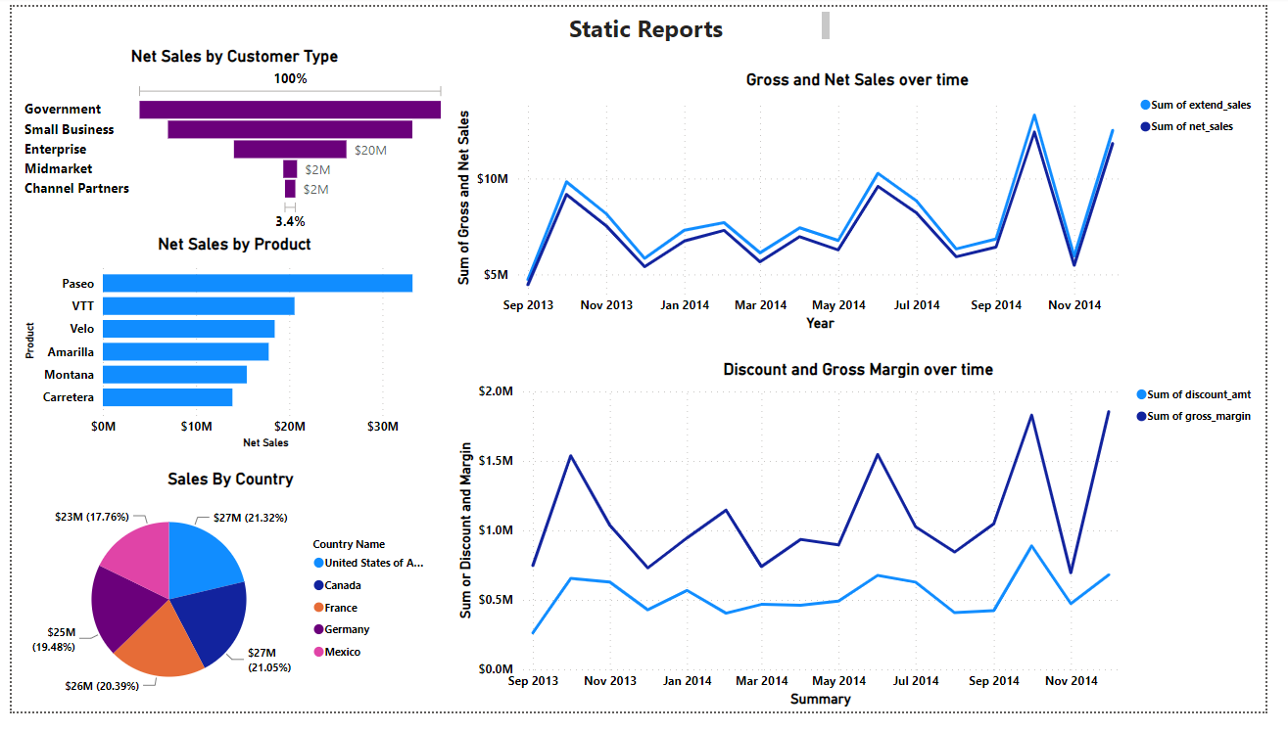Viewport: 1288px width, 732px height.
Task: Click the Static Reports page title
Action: point(645,29)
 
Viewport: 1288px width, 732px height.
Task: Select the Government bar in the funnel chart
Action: point(289,110)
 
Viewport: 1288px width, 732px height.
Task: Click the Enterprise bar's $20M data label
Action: point(370,150)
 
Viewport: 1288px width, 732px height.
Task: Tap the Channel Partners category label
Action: point(76,189)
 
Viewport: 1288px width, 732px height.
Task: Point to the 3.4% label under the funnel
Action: point(290,221)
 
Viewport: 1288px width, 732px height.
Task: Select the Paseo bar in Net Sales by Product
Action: point(257,283)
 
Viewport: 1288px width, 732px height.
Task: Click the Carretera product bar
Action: point(167,397)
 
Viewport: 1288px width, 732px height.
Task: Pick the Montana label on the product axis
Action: point(69,375)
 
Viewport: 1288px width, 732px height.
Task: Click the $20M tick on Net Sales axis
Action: point(289,427)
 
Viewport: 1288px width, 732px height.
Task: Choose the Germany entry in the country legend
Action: point(347,630)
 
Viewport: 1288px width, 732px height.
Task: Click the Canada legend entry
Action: point(343,585)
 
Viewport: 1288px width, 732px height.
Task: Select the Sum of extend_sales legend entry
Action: point(1200,105)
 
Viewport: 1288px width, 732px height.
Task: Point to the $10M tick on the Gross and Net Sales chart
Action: point(493,179)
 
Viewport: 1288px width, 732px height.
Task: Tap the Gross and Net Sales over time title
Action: point(856,80)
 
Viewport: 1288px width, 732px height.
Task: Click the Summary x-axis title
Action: point(820,699)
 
